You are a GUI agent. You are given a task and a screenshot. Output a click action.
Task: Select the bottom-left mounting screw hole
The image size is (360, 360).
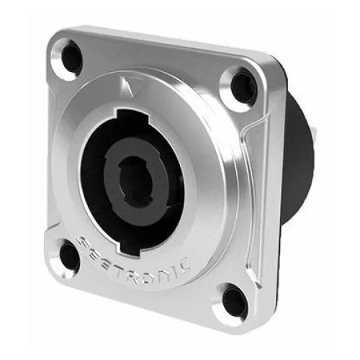point(69,256)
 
